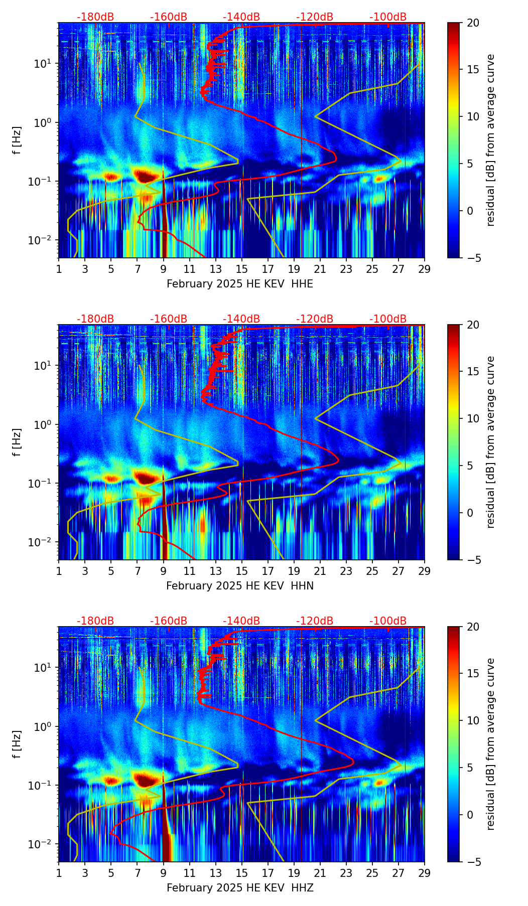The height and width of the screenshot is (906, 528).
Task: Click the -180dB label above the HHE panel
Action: (95, 17)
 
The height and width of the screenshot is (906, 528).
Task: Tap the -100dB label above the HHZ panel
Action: (388, 621)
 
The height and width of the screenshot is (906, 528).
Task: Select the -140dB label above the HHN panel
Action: (241, 319)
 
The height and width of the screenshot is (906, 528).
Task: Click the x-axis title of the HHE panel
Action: (239, 284)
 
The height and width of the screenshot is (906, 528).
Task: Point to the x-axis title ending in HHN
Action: (239, 586)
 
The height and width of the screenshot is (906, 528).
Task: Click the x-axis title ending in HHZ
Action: (239, 888)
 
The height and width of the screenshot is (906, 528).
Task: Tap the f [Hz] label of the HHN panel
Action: (18, 442)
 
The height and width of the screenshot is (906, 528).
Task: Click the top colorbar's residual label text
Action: (490, 140)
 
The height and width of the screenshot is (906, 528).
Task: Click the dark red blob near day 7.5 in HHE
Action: (145, 176)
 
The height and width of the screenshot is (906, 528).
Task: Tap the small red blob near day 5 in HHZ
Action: (111, 781)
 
